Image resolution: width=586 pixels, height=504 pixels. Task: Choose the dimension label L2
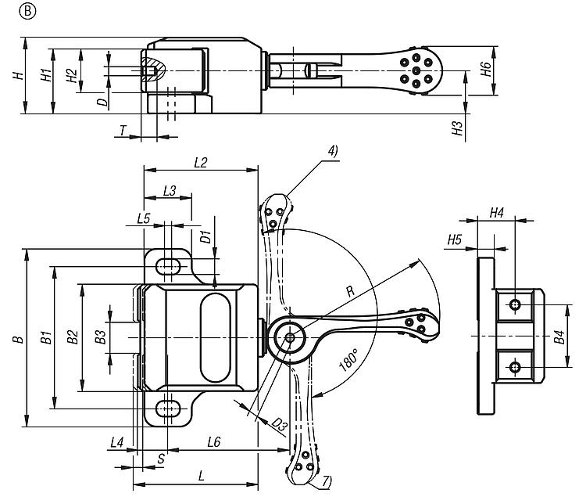tap(199, 162)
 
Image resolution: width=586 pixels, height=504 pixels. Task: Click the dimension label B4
tap(559, 339)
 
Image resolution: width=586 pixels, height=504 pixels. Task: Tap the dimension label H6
tap(486, 69)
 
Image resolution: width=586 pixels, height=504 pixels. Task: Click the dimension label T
tap(123, 129)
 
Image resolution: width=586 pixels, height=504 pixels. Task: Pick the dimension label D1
tap(205, 236)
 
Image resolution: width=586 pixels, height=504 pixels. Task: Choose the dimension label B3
tap(100, 337)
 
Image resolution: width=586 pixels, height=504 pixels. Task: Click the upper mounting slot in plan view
tap(166, 266)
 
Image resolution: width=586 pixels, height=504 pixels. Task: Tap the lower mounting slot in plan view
tap(166, 408)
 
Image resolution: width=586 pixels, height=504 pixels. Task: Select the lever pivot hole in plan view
tap(290, 337)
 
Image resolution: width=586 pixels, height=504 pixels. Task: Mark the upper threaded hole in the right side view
tap(515, 304)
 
